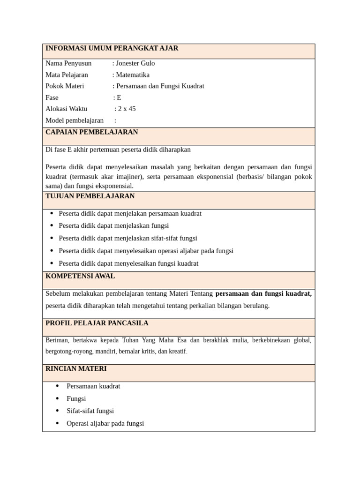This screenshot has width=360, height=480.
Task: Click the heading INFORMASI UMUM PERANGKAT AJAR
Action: [x=112, y=48]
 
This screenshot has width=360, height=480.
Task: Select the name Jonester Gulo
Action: [x=135, y=63]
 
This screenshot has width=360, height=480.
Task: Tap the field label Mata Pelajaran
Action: [x=67, y=75]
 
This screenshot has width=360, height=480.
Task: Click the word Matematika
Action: [x=133, y=75]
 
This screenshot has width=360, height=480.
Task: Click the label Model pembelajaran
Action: [x=75, y=120]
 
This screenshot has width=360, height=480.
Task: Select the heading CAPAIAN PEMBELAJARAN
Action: [x=92, y=132]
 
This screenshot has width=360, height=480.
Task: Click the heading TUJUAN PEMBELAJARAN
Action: [x=90, y=196]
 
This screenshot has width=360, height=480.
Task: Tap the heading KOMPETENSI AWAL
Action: [x=80, y=276]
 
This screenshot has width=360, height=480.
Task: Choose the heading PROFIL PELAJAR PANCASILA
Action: [x=97, y=323]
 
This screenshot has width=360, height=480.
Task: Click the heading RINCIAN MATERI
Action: [x=76, y=368]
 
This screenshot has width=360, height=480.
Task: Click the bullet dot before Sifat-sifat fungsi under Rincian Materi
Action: [x=57, y=411]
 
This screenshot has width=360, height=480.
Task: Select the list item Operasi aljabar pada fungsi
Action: [x=105, y=423]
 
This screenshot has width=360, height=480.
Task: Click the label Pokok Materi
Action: [x=64, y=86]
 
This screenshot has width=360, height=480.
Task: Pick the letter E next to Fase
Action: [x=119, y=97]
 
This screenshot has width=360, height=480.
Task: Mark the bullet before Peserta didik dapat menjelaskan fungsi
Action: [x=52, y=225]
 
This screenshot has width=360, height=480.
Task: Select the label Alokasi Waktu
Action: [x=67, y=109]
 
